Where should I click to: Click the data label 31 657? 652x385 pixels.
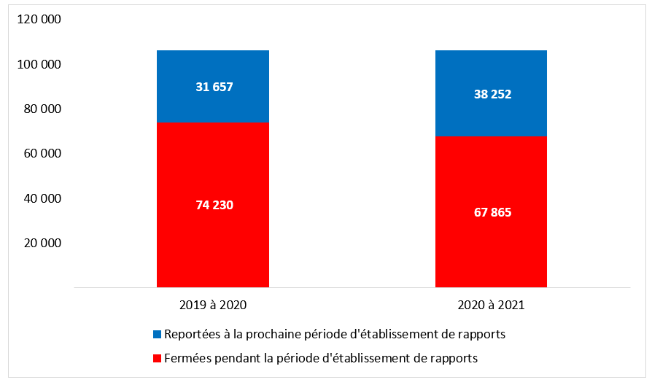[x=214, y=87]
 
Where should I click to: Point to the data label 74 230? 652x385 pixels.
[x=214, y=205]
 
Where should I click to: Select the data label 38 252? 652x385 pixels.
[x=492, y=94]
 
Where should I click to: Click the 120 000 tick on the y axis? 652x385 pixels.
[x=38, y=20]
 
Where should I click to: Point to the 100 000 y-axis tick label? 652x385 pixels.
[x=38, y=65]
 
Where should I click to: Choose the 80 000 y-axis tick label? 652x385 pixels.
[x=41, y=109]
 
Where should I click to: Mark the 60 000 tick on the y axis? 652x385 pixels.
[x=41, y=154]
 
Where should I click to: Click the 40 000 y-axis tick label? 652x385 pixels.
[x=41, y=198]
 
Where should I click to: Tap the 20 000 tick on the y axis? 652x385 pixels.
[x=41, y=243]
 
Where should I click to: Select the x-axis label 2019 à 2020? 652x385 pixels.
[x=212, y=306]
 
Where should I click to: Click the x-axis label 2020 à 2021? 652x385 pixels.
[x=492, y=306]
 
